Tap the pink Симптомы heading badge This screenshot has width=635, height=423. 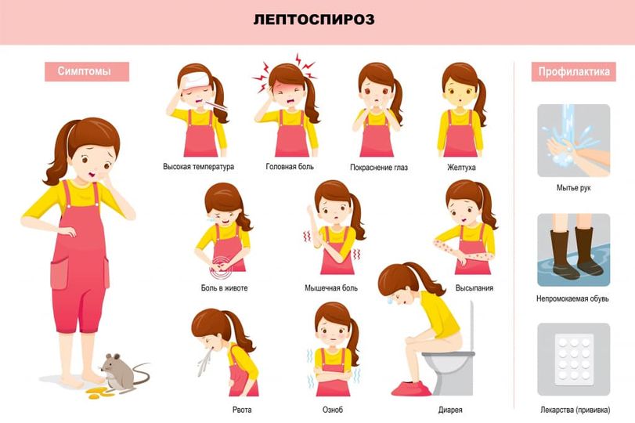click(x=83, y=72)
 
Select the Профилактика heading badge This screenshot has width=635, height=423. click(x=574, y=72)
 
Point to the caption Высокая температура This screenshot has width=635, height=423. click(x=198, y=167)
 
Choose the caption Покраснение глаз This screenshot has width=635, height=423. click(x=378, y=168)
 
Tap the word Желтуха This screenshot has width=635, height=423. click(x=461, y=168)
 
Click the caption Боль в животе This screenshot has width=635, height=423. click(x=224, y=288)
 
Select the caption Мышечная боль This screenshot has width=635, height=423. click(x=331, y=288)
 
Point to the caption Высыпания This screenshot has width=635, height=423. click(x=474, y=288)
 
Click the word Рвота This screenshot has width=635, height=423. click(x=242, y=410)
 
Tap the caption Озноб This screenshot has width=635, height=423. click(x=332, y=410)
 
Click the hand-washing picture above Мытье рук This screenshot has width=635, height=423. click(x=573, y=140)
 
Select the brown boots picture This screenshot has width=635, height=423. click(x=573, y=250)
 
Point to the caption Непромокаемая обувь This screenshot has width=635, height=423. click(x=573, y=298)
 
